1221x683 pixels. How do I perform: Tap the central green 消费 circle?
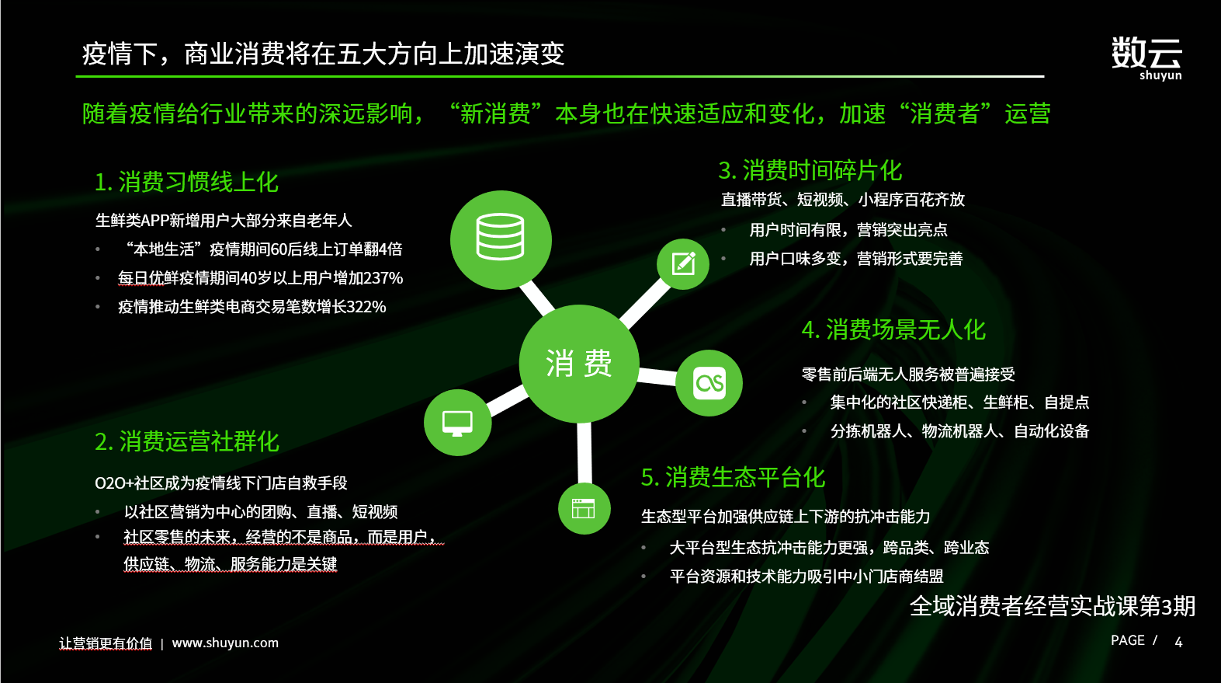[579, 364]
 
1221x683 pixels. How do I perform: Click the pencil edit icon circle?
[683, 264]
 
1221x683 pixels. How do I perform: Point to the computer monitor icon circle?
[458, 422]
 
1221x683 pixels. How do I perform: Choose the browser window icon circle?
[584, 508]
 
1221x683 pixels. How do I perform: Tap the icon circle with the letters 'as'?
[709, 383]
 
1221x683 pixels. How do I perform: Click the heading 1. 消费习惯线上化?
[186, 182]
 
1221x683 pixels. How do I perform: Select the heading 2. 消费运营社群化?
[187, 441]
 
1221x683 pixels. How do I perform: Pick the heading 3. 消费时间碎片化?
[810, 171]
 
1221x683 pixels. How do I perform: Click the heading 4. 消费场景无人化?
[893, 330]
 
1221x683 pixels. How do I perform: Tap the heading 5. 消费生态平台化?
[734, 477]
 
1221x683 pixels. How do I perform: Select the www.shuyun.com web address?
[225, 643]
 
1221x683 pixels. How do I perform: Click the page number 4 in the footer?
[1178, 642]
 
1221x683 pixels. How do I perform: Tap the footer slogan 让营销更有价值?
[106, 643]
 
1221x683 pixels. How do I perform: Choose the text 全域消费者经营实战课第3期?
[1053, 606]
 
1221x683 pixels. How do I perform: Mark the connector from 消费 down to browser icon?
[584, 452]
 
